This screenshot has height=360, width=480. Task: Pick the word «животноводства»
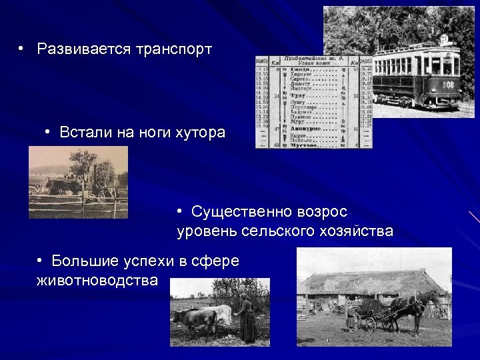click(x=97, y=280)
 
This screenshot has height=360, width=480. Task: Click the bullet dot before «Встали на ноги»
click(x=49, y=132)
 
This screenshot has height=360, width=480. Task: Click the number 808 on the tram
click(x=449, y=85)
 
